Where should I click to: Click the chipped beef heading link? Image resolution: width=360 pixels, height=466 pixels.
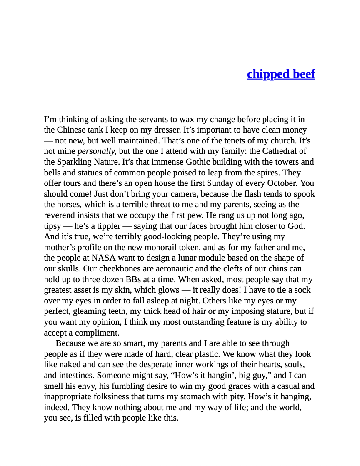point(281,74)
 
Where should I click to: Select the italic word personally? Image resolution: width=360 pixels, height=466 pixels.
point(97,152)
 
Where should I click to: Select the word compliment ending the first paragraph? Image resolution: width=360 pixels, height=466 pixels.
point(96,333)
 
